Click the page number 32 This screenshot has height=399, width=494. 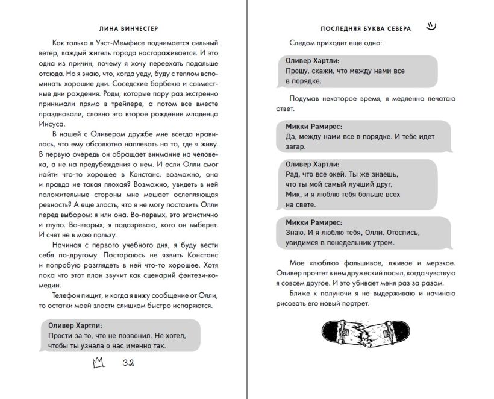tap(127, 362)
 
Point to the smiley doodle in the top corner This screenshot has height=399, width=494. tap(430, 25)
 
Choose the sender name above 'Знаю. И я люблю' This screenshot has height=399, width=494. tap(314, 222)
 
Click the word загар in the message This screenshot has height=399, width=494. tap(295, 147)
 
